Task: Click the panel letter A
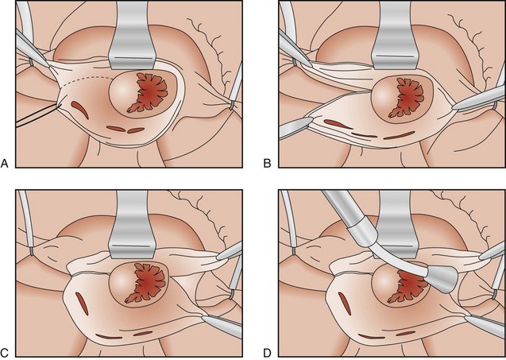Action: (5, 164)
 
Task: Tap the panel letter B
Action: (267, 164)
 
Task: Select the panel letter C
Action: (5, 353)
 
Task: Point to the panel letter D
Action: (267, 353)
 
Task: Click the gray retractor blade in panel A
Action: (133, 36)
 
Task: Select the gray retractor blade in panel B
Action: (395, 36)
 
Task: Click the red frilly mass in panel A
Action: (149, 93)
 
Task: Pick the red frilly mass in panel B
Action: (408, 98)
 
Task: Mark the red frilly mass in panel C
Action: (146, 284)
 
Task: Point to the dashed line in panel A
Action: (87, 79)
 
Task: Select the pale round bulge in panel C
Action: (122, 281)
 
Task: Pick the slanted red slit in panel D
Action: (345, 303)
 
